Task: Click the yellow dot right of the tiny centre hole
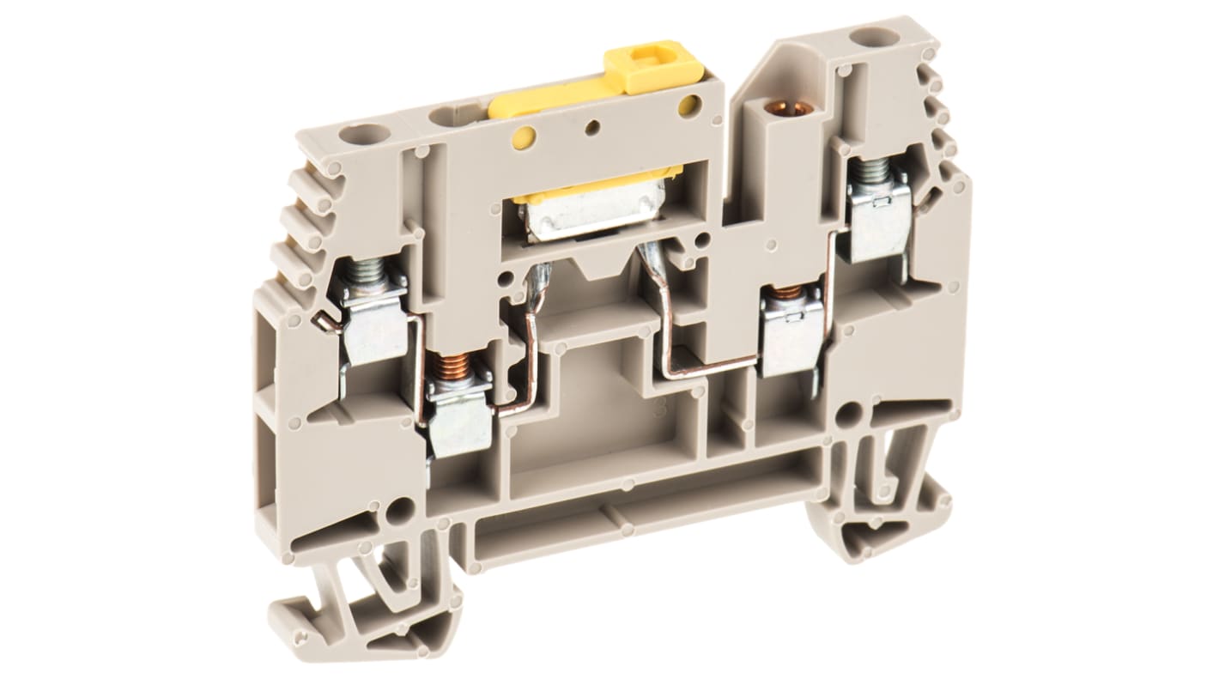tap(687, 106)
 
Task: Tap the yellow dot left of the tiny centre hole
tap(523, 136)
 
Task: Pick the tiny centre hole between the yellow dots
tap(592, 128)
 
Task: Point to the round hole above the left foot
tap(398, 513)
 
